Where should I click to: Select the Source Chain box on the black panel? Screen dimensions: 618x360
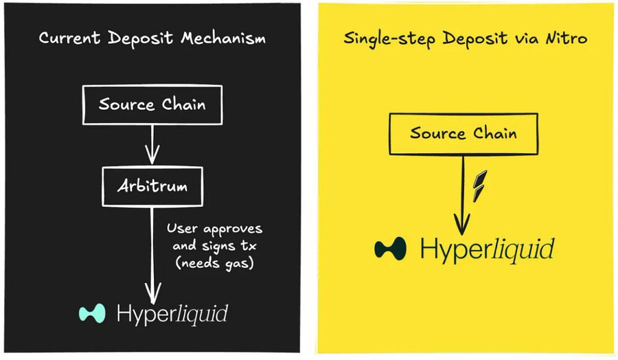pyautogui.click(x=152, y=105)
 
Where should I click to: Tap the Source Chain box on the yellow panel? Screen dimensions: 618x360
pyautogui.click(x=463, y=133)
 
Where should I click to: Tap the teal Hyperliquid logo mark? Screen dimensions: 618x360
pyautogui.click(x=91, y=313)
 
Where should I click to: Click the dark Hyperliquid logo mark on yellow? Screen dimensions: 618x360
pyautogui.click(x=389, y=248)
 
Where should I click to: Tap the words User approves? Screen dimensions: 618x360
pyautogui.click(x=214, y=228)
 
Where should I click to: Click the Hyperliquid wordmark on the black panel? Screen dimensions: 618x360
pyautogui.click(x=172, y=314)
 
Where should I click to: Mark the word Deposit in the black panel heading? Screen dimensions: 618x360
pyautogui.click(x=135, y=38)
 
